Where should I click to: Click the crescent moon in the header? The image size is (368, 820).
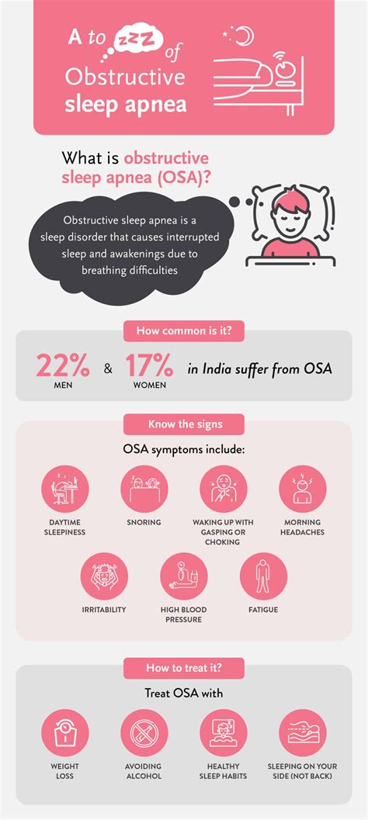[245, 35]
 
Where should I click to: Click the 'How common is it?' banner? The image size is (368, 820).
[184, 331]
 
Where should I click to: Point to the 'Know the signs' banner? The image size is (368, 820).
[184, 424]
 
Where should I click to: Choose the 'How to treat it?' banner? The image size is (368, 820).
[184, 668]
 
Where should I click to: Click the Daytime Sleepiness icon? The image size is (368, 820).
[65, 489]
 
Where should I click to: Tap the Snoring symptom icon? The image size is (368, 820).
[144, 489]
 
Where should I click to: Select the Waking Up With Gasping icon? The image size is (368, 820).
[224, 489]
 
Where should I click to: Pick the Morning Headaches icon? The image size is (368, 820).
[303, 489]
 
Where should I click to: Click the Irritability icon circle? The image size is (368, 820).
[104, 576]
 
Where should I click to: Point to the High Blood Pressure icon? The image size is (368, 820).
[184, 576]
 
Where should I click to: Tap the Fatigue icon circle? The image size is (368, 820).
[264, 576]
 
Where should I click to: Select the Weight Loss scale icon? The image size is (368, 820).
[65, 733]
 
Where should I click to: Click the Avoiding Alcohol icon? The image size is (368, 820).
[144, 733]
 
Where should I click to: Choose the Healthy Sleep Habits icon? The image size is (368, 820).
[224, 733]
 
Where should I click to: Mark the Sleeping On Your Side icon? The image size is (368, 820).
[303, 733]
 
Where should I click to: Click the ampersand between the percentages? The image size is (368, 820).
[108, 369]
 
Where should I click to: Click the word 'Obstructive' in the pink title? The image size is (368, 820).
[125, 77]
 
